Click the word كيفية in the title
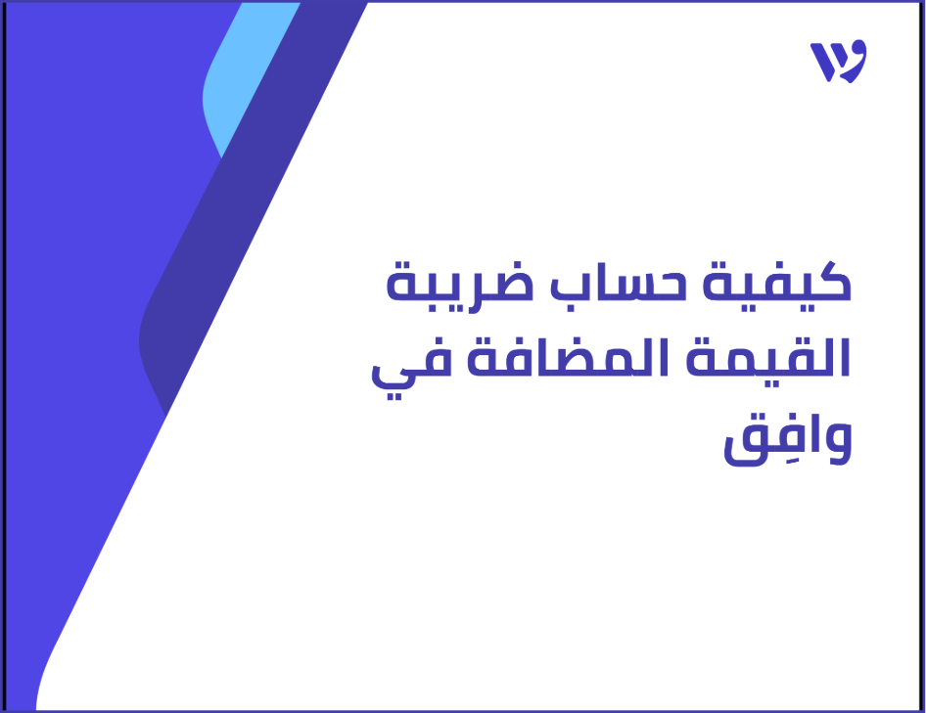[x=784, y=287]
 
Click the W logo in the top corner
[x=838, y=62]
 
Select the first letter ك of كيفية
[x=827, y=285]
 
